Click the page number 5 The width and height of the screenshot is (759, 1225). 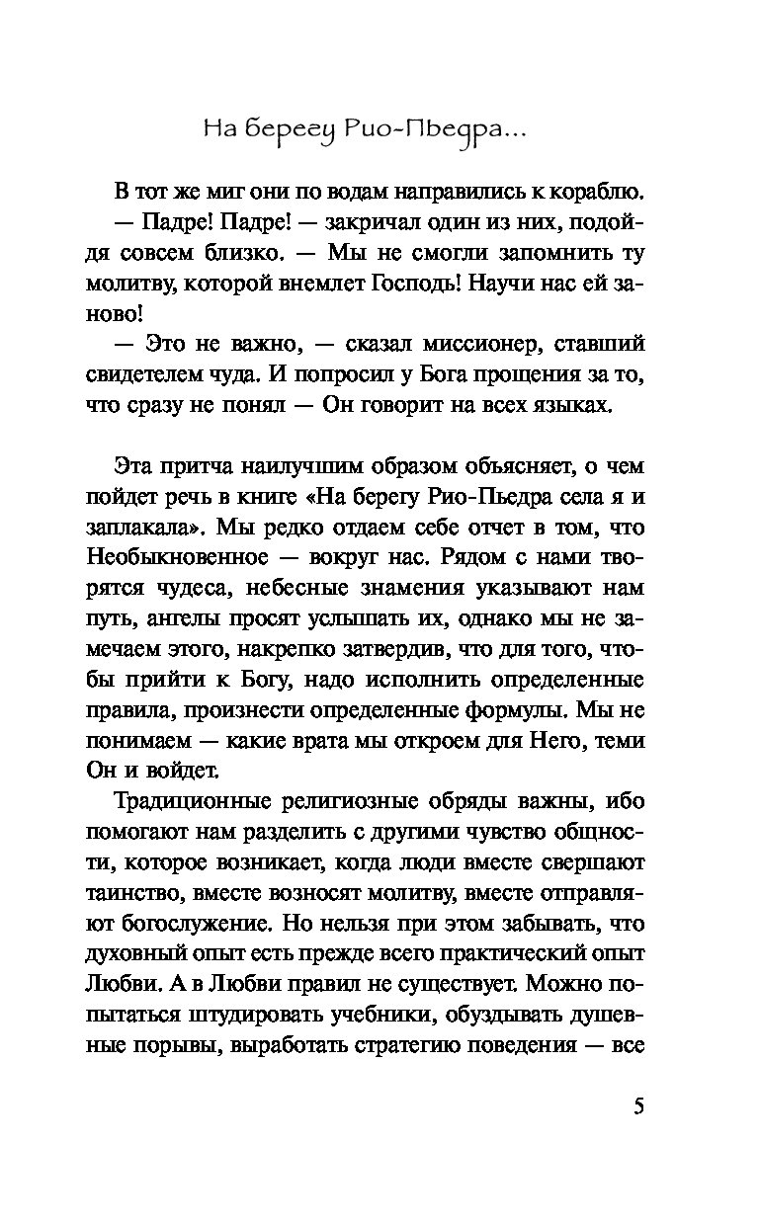point(637,1104)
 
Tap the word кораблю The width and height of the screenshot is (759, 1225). point(594,191)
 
